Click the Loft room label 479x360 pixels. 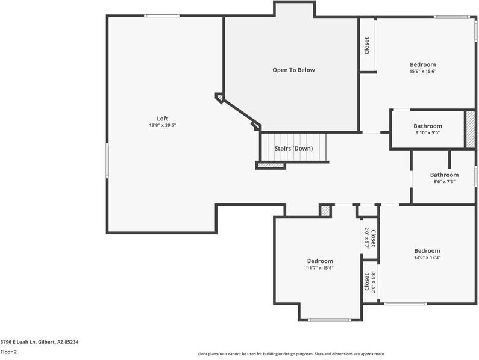(x=163, y=119)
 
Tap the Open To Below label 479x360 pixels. (x=293, y=70)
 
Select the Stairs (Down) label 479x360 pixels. (x=293, y=148)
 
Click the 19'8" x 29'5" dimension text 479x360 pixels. (x=163, y=125)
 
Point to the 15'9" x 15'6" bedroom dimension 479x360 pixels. (x=422, y=71)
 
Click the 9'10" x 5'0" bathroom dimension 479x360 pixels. (x=427, y=132)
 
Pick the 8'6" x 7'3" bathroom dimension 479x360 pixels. (x=444, y=181)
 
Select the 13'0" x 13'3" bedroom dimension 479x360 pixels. (x=427, y=257)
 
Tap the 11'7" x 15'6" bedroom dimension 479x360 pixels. (x=320, y=267)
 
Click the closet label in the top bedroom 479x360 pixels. (x=367, y=46)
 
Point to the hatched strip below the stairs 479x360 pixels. (x=271, y=165)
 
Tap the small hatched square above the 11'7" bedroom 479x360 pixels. (x=325, y=211)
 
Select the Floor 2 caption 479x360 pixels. (x=8, y=352)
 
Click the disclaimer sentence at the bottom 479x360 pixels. (x=291, y=354)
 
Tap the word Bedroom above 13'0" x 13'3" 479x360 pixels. (x=427, y=250)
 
